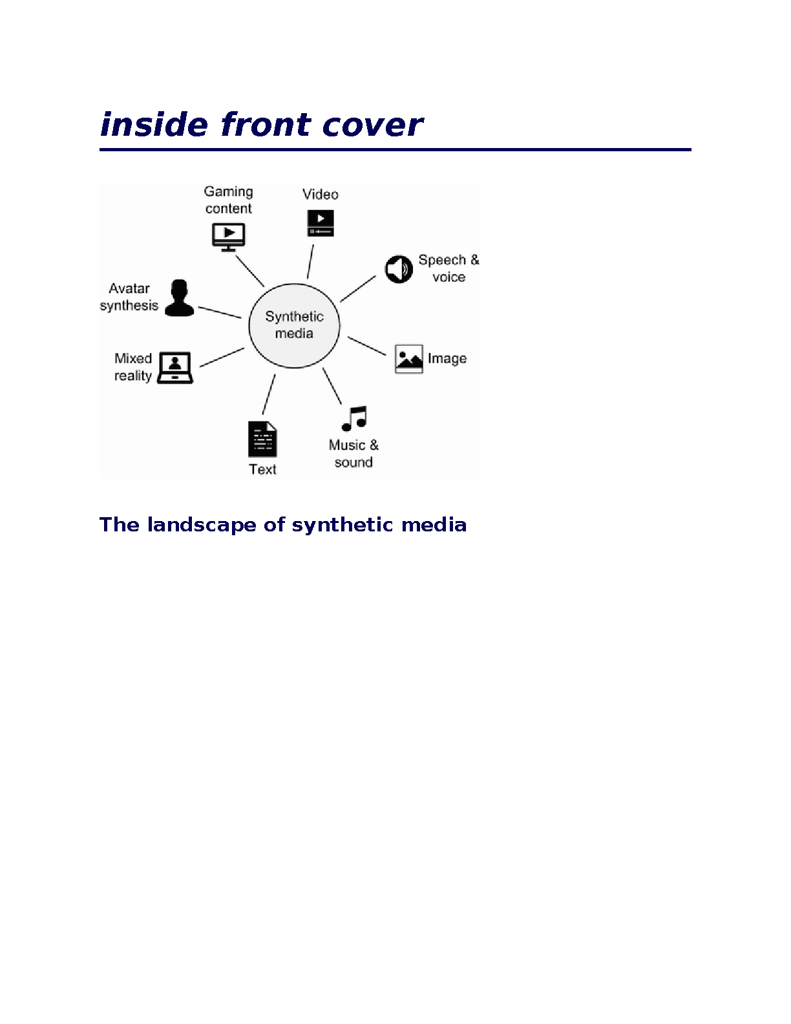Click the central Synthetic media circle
coord(294,325)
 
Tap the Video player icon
coord(321,223)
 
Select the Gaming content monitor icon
coord(229,237)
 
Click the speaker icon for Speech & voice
coord(399,269)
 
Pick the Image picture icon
coord(408,359)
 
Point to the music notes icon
coord(354,418)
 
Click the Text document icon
coord(262,439)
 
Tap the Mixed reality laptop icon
coord(174,368)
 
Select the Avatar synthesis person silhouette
coord(180,298)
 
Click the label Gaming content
coord(229,200)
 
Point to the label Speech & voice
coord(448,268)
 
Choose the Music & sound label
coord(353,453)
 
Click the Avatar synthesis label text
coord(129,297)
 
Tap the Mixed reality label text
coord(133,367)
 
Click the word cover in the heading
coord(372,125)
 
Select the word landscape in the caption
coord(202,525)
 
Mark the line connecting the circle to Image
coord(367,346)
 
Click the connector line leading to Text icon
coord(269,394)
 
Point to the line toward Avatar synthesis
coord(220,312)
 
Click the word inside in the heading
coord(154,125)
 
